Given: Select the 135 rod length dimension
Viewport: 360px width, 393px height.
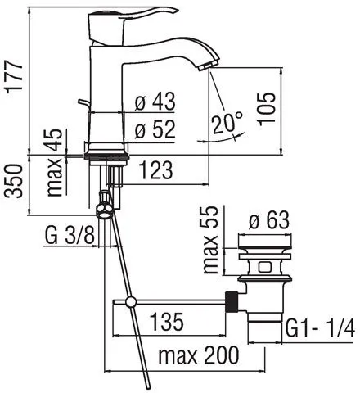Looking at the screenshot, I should click(x=167, y=322).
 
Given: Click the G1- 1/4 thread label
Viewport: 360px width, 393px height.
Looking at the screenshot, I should click(x=320, y=330).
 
